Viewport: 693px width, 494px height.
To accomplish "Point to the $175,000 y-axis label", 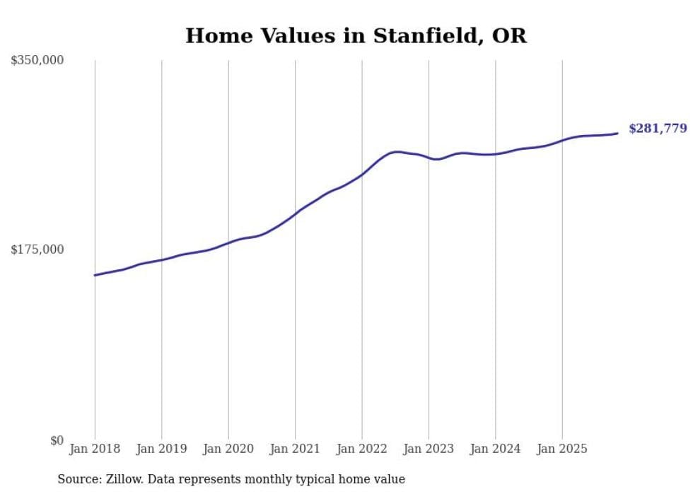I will click(x=37, y=249).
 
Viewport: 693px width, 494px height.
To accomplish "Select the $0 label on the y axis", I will click(x=56, y=441).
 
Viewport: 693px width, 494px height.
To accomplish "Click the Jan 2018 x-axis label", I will click(x=95, y=449).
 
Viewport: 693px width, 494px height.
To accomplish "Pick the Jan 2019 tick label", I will click(x=161, y=449).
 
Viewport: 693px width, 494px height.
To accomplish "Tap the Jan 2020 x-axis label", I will click(x=228, y=449).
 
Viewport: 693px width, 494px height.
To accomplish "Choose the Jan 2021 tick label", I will click(x=295, y=449).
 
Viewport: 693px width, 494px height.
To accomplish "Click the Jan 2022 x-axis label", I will click(x=361, y=449).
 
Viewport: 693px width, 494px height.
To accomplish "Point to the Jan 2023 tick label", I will click(x=429, y=449).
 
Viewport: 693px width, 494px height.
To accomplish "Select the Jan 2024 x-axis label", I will click(x=495, y=449).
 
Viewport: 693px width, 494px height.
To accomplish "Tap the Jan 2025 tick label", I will click(x=562, y=449).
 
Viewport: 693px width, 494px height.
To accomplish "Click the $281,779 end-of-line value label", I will click(x=658, y=129).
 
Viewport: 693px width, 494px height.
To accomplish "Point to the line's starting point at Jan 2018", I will click(x=95, y=275).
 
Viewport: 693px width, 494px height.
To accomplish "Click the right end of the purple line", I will click(x=617, y=133).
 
